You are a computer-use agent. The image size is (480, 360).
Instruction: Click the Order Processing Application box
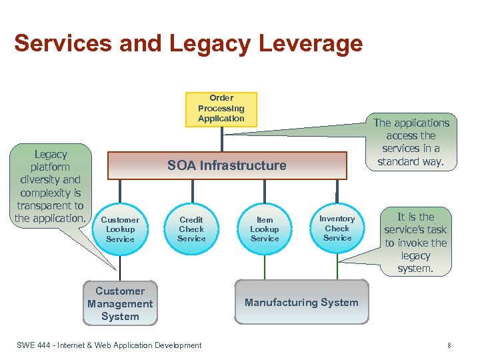click(221, 109)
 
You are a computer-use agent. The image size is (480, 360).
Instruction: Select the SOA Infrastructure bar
click(227, 165)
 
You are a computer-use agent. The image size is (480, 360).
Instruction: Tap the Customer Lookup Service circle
click(120, 229)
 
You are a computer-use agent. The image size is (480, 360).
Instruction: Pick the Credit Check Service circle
click(191, 229)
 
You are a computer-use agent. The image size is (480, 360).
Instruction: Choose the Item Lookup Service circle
click(265, 229)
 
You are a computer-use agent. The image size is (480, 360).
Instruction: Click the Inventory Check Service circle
click(337, 228)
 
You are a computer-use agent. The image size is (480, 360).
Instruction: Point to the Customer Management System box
click(120, 304)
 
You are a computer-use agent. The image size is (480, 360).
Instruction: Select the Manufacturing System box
click(301, 303)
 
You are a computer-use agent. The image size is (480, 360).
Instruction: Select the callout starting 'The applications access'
click(411, 142)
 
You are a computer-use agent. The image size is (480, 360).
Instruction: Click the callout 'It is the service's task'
click(415, 243)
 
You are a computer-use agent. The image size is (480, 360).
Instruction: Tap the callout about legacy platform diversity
click(51, 186)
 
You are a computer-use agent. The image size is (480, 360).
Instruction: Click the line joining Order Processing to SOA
click(221, 139)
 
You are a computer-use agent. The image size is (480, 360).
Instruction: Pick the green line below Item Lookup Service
click(265, 267)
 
